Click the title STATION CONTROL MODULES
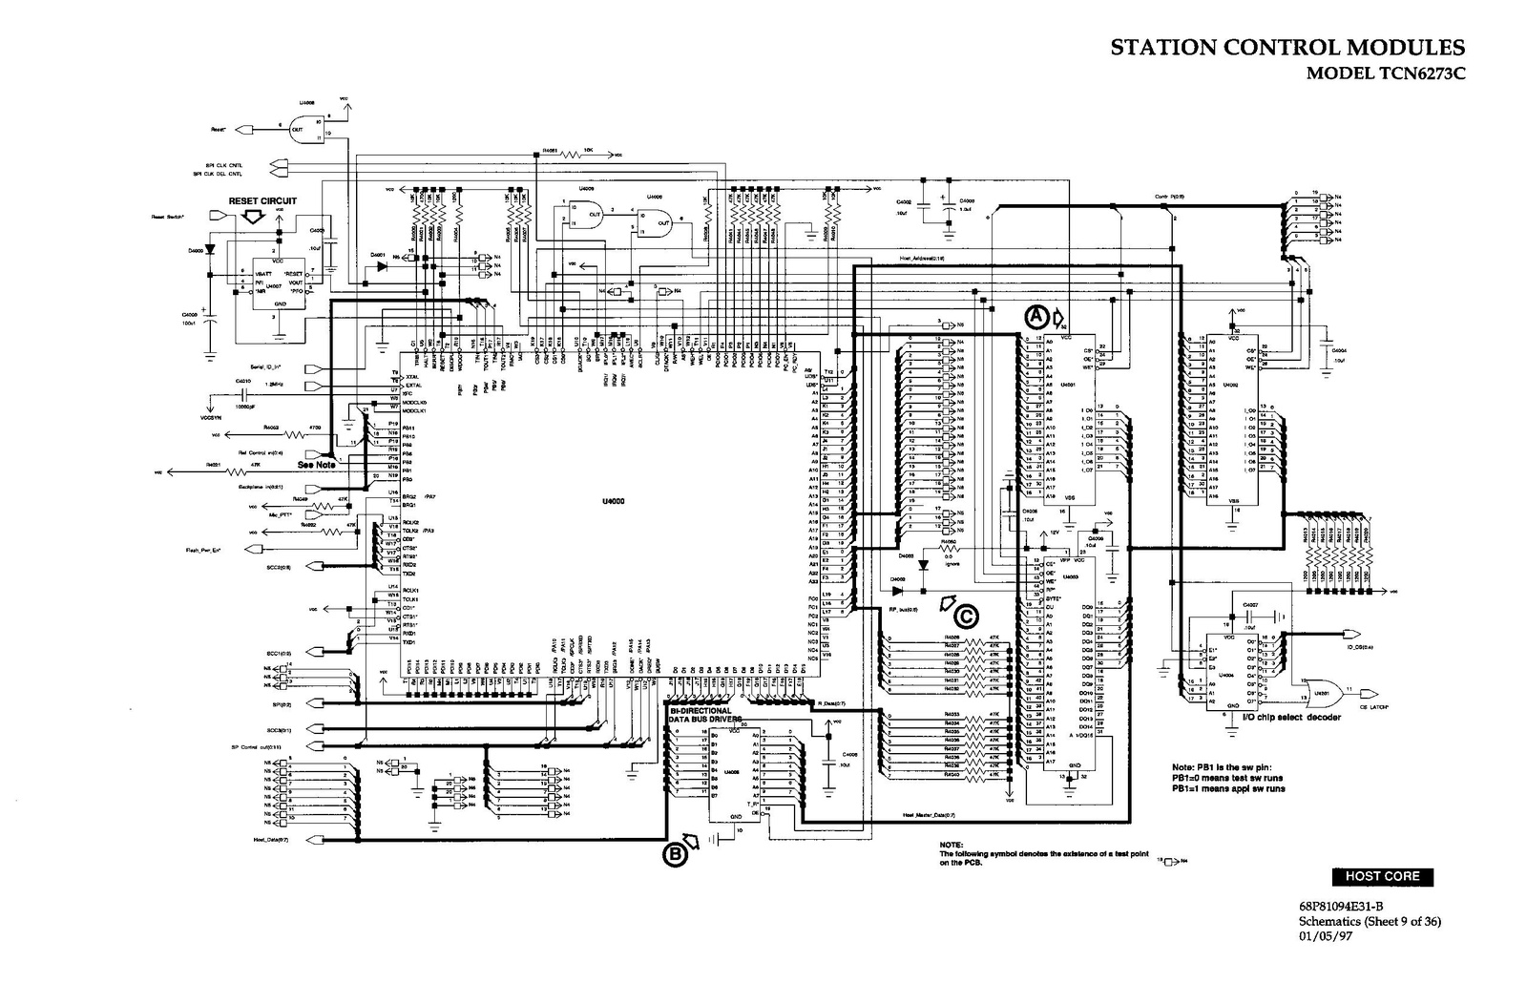[x=1287, y=49]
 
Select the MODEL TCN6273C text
[x=1385, y=73]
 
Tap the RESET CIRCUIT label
[x=262, y=201]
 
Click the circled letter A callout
[x=1035, y=316]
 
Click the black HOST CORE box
[x=1382, y=876]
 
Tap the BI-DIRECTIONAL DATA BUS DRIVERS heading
[x=701, y=716]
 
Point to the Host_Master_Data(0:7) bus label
[x=928, y=815]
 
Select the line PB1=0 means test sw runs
[x=1227, y=778]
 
